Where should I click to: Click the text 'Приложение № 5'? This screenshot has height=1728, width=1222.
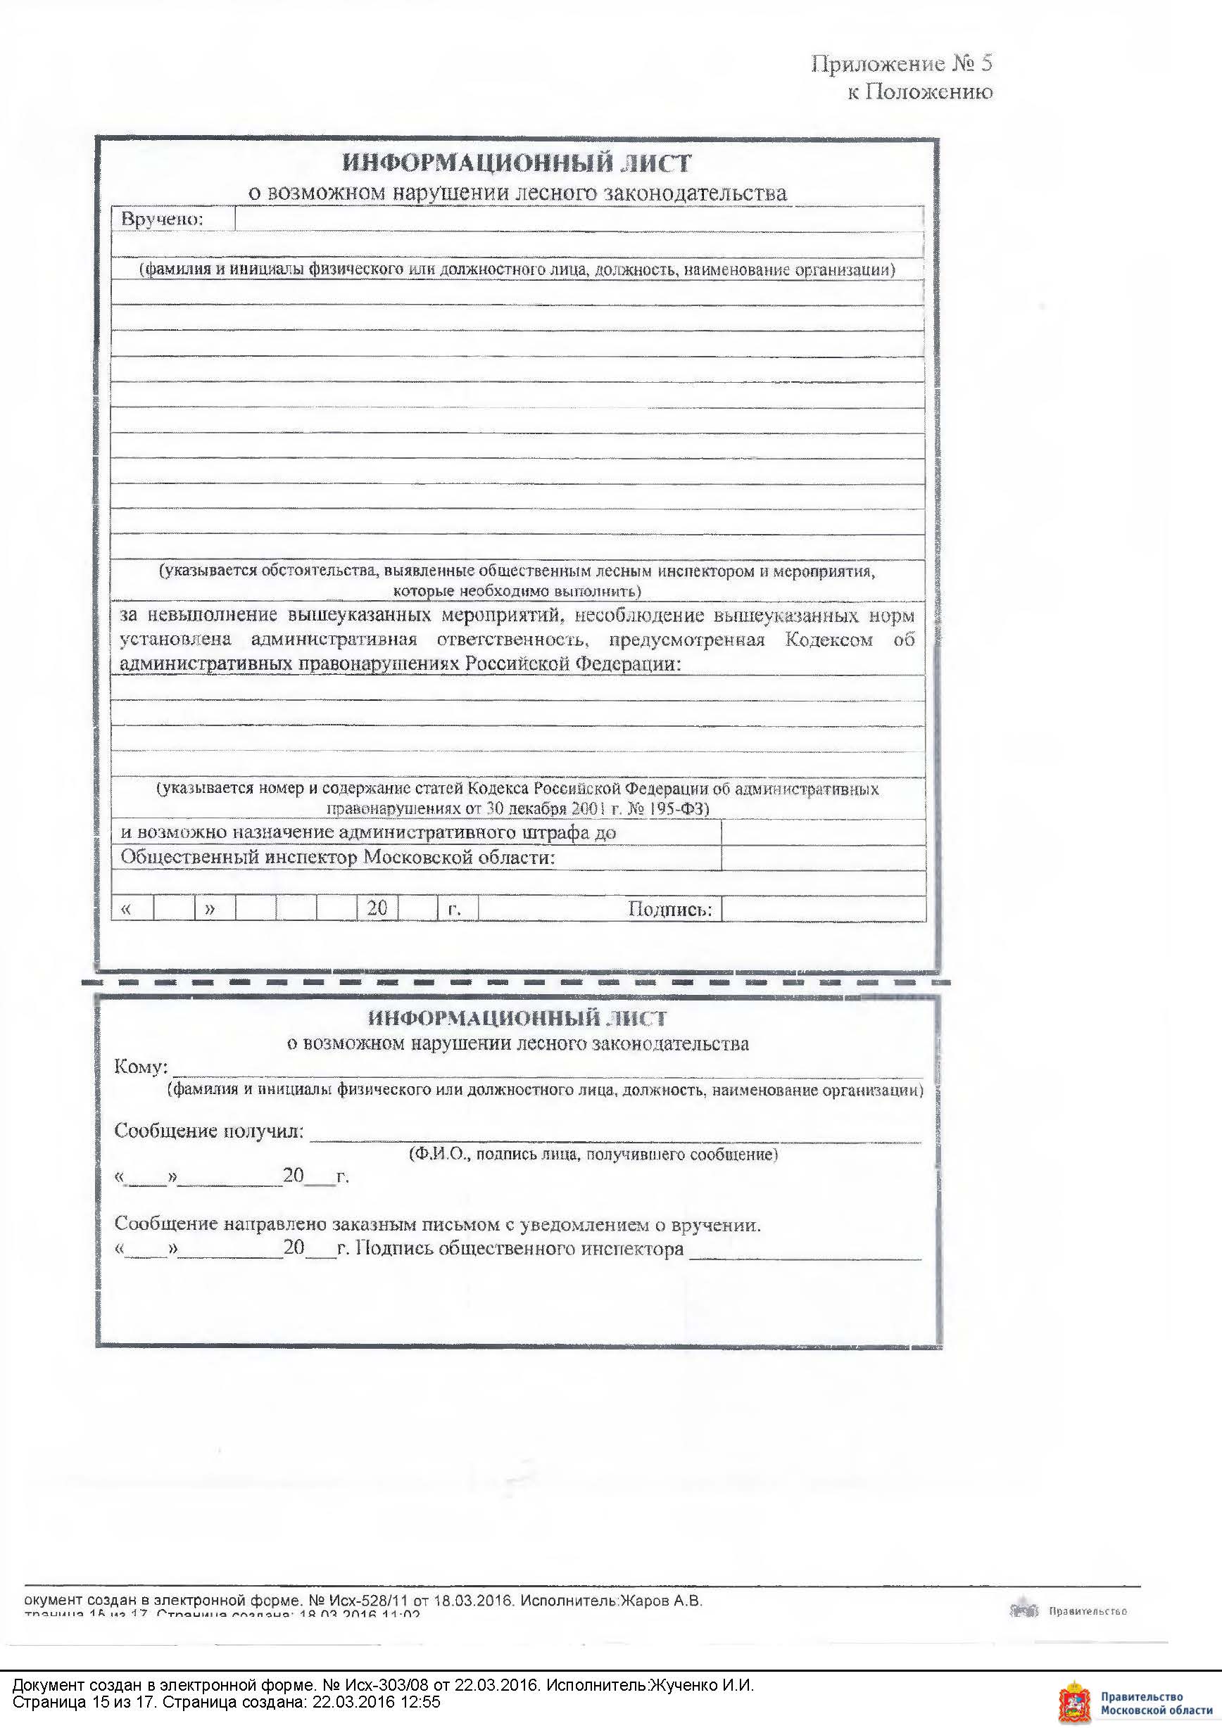click(x=901, y=64)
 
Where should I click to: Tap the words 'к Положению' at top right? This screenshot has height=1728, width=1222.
click(x=919, y=92)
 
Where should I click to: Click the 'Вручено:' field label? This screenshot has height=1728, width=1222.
click(x=162, y=219)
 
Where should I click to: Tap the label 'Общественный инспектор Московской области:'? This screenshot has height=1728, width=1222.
click(x=338, y=858)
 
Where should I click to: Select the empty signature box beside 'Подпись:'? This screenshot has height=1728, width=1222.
click(x=822, y=909)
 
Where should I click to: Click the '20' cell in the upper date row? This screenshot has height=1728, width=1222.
click(x=377, y=908)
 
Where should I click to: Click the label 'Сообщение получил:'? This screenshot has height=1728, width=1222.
click(x=209, y=1131)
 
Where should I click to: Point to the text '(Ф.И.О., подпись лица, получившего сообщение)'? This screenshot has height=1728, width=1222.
click(x=593, y=1155)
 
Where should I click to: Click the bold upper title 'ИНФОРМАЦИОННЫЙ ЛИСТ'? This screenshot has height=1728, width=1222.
click(x=517, y=163)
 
